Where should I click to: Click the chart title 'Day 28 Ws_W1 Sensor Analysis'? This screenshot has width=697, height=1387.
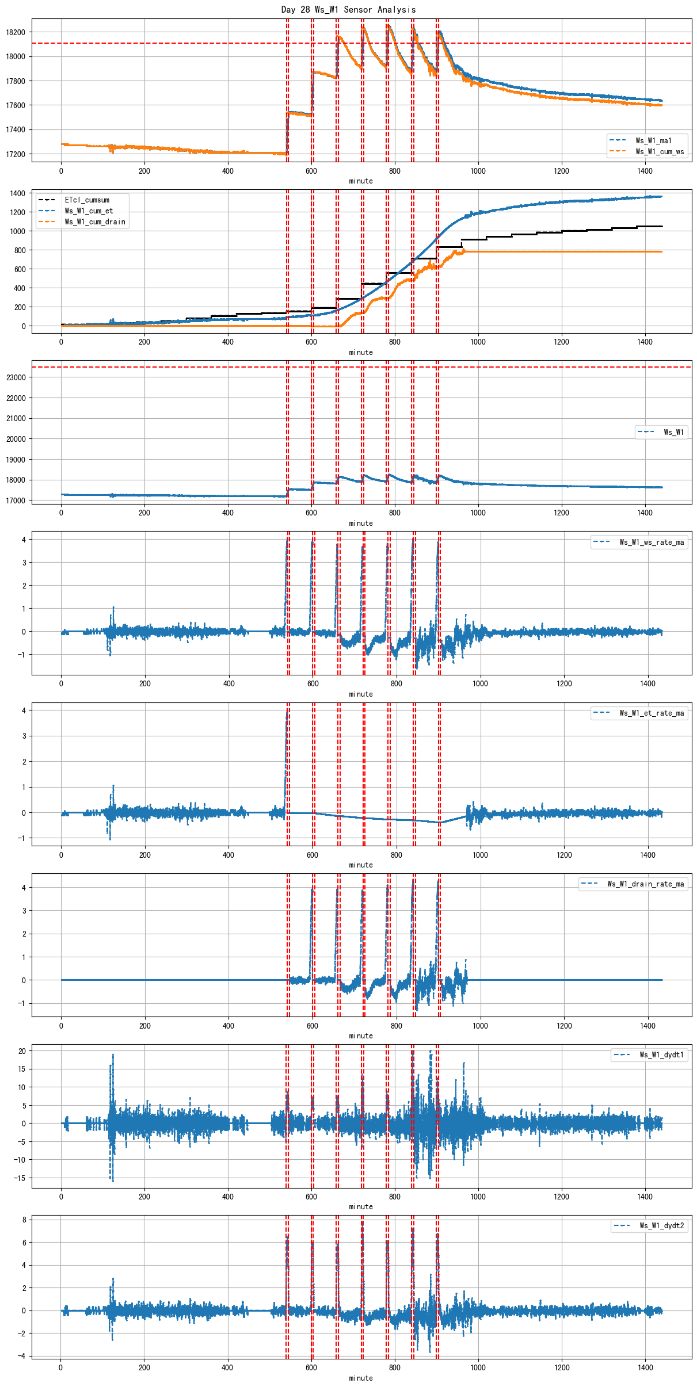click(x=348, y=9)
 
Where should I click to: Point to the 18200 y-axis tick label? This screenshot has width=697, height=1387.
click(x=16, y=32)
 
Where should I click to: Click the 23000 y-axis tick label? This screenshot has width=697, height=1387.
click(x=16, y=377)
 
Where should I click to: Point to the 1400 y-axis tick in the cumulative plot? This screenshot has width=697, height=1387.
click(x=17, y=193)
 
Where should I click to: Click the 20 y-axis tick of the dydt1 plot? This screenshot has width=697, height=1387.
click(x=22, y=1051)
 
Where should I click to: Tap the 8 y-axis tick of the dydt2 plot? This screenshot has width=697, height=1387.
click(x=24, y=1220)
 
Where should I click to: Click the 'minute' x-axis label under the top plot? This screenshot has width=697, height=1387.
click(x=361, y=181)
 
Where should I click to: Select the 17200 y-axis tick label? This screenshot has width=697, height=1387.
click(x=16, y=154)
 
